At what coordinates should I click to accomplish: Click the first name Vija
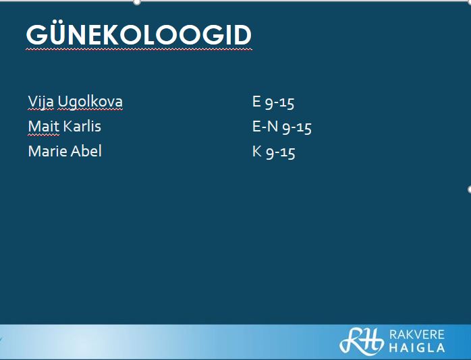click(41, 102)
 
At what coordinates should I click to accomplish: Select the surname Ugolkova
click(90, 102)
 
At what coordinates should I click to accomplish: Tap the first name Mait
click(44, 126)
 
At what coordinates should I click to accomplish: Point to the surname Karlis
click(82, 126)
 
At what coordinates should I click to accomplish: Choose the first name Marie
click(47, 151)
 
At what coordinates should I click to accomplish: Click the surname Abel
click(86, 151)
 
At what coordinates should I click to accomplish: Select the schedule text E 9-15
click(273, 102)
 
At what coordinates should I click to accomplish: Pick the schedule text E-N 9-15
click(282, 127)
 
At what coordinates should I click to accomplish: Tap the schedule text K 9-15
click(274, 152)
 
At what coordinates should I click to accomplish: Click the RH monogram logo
click(362, 340)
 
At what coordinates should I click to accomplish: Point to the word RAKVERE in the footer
click(417, 334)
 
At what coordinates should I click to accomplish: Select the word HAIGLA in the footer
click(417, 348)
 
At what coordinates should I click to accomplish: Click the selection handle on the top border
click(137, 2)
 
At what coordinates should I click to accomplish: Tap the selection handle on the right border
click(469, 189)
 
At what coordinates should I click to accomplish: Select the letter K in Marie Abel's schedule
click(257, 151)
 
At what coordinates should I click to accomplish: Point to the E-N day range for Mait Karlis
click(265, 126)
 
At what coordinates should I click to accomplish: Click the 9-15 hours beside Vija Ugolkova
click(279, 103)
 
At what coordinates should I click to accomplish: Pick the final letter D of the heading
click(243, 35)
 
